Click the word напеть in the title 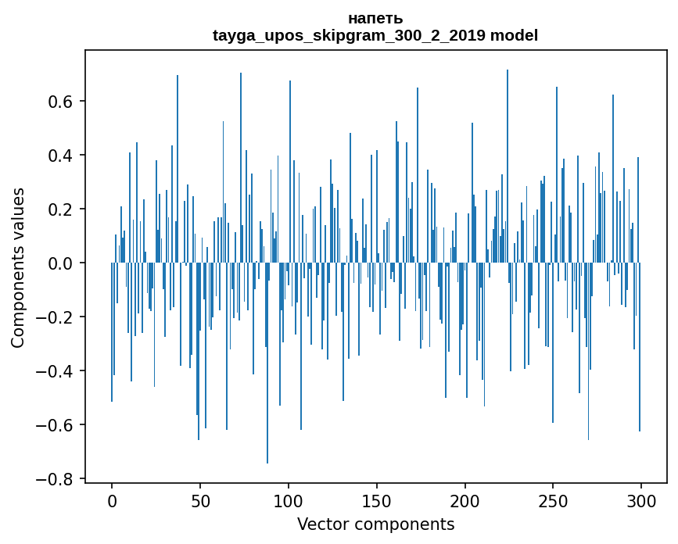tap(375, 18)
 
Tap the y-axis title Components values tap(18, 267)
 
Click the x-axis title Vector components tap(375, 524)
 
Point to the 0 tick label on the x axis tap(112, 500)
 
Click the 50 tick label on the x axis tap(200, 500)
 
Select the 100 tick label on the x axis tap(289, 500)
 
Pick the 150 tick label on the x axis tap(377, 500)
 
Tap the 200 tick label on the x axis tap(465, 500)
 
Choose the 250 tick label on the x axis tap(553, 500)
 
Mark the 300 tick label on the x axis tap(641, 500)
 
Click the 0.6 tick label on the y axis tap(62, 102)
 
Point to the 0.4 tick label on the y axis tap(62, 156)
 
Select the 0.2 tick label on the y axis tap(62, 209)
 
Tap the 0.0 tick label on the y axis tap(62, 263)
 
